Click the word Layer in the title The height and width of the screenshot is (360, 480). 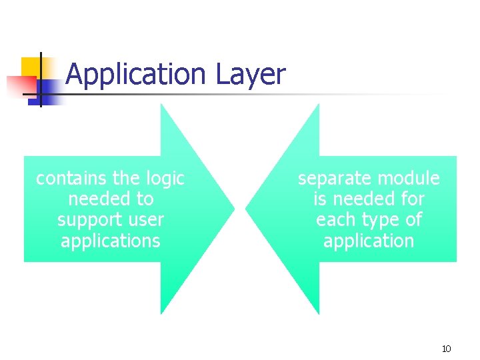point(251,75)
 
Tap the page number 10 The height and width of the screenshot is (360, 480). point(446,349)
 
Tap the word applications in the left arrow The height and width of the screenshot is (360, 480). point(111,241)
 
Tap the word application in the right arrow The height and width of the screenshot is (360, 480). point(369,241)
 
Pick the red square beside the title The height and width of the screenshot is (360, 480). point(20,86)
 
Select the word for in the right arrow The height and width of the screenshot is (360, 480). point(412,199)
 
